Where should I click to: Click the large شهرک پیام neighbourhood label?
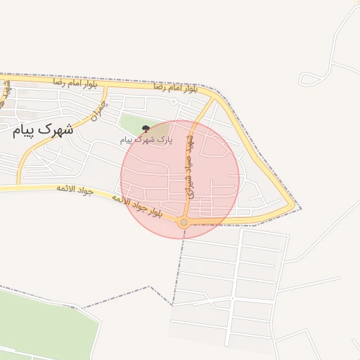[x=43, y=129]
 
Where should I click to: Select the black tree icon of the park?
[x=146, y=129]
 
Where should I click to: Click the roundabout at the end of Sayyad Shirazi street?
[x=184, y=222]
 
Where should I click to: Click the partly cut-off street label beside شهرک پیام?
[x=8, y=91]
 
